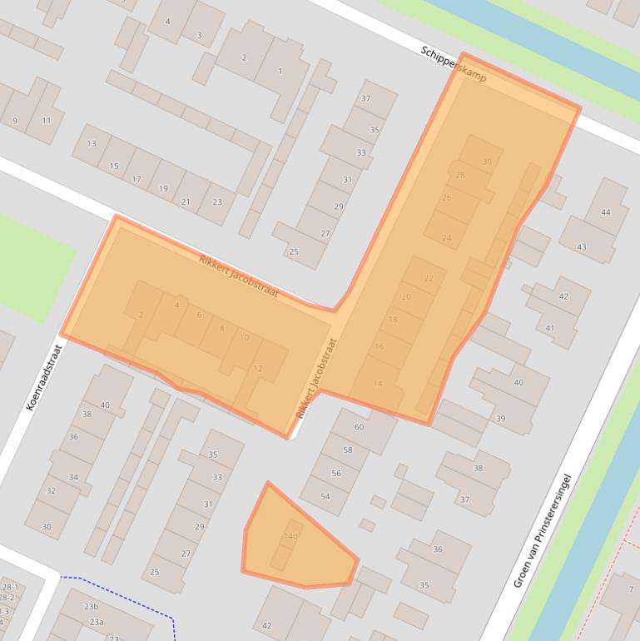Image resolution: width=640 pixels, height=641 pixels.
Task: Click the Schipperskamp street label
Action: click(453, 64)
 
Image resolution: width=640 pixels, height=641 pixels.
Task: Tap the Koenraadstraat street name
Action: click(45, 378)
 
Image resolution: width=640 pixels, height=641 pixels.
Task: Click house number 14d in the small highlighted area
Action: click(290, 536)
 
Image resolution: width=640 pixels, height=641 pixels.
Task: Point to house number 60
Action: click(359, 427)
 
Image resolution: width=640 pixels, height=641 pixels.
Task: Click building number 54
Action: click(325, 497)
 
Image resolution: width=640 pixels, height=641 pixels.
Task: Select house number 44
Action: click(605, 212)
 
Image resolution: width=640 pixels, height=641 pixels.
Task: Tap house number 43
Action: click(582, 247)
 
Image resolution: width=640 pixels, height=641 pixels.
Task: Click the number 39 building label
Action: click(500, 419)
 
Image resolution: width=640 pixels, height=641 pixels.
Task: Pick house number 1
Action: click(280, 72)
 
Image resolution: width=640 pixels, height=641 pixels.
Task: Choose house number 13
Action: click(92, 144)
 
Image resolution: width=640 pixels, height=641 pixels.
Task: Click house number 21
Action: click(186, 202)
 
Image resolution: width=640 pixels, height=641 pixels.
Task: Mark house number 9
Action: click(15, 122)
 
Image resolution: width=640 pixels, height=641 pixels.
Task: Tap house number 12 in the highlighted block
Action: click(257, 369)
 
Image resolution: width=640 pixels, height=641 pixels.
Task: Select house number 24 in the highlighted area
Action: click(447, 239)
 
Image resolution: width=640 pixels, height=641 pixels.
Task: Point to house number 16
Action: click(380, 346)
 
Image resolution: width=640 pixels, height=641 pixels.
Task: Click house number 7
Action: click(631, 589)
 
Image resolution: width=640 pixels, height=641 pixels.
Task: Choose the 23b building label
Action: click(91, 607)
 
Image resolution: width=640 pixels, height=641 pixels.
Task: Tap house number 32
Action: click(51, 491)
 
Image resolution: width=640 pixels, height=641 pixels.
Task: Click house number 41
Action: click(549, 329)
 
